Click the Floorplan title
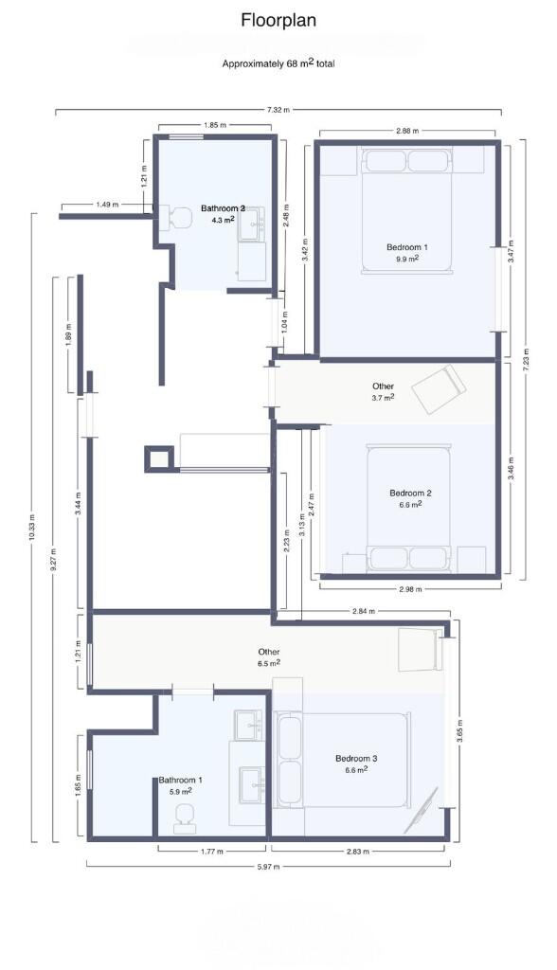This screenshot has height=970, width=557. pos(278,21)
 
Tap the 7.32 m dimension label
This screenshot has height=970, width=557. pos(278,110)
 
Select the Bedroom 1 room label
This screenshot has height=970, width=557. pos(406,247)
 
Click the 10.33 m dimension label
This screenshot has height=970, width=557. pos(32,527)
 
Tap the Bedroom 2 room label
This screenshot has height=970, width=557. pos(410,493)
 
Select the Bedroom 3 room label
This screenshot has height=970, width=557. pos(356,759)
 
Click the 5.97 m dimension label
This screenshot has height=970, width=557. pos(268,867)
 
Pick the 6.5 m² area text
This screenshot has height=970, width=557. pos(270,662)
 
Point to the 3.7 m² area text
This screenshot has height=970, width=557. pos(383,397)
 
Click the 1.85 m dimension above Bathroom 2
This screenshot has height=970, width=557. pos(215,125)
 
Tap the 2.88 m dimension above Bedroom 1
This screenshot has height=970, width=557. pos(407,131)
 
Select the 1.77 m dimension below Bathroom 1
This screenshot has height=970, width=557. pos(211,852)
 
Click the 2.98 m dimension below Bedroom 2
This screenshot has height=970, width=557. pos(410,589)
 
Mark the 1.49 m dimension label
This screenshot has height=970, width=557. pos(107,205)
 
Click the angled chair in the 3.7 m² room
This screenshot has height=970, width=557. pos(440,388)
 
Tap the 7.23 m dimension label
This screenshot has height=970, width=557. pos(526,359)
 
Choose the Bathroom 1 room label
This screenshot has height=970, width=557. pos(180,781)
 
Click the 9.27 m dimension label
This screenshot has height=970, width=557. pos(53,560)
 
